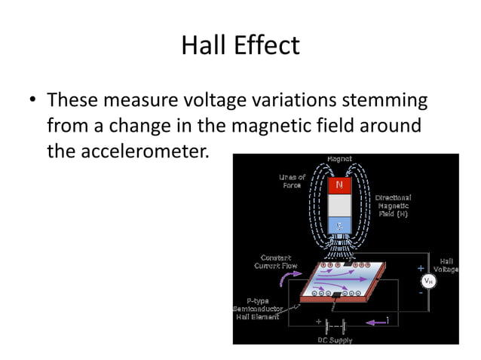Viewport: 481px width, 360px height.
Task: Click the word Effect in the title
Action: [265, 45]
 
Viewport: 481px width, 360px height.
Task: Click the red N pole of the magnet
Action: [339, 184]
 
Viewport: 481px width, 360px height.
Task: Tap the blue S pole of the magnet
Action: [339, 224]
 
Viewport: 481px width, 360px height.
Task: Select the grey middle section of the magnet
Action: [339, 204]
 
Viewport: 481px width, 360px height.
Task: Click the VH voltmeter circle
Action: [427, 281]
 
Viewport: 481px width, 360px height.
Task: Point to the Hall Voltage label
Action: [446, 265]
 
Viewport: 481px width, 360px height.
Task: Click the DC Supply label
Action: [334, 340]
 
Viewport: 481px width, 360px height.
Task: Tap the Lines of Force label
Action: [292, 182]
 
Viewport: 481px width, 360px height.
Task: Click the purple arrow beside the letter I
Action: [374, 322]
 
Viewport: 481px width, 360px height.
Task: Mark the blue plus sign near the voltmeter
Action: [420, 267]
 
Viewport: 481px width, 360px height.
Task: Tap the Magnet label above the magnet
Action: [339, 159]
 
